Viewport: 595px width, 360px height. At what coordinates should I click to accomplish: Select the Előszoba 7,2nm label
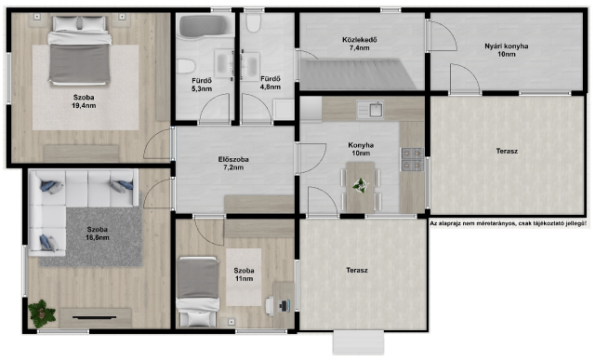tap(233, 164)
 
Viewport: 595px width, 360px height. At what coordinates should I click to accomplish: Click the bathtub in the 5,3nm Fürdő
tap(204, 26)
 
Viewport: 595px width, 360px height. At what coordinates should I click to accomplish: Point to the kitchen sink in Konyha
tap(370, 110)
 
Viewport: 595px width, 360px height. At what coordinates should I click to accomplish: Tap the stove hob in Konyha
tap(412, 159)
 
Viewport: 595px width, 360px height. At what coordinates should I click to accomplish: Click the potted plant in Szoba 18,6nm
tap(41, 313)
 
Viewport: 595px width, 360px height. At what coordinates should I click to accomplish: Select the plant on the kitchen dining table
tap(360, 186)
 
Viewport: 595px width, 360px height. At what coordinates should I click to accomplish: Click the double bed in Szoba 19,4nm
tap(80, 49)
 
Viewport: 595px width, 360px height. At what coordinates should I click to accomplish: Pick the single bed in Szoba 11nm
tap(198, 291)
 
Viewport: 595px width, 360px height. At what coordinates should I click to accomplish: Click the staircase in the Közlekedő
tap(357, 73)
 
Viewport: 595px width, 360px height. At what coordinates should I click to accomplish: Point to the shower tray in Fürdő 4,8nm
tap(284, 110)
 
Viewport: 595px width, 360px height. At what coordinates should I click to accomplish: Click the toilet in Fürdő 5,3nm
tap(186, 66)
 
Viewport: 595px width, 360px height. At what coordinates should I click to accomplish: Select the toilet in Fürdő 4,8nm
tap(253, 23)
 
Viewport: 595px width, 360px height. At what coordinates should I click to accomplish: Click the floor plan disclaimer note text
tap(509, 224)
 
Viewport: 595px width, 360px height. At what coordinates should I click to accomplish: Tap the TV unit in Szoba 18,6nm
tap(96, 318)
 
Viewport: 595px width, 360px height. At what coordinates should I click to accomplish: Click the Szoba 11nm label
tap(244, 274)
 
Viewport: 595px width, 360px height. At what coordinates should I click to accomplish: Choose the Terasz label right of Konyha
tap(507, 151)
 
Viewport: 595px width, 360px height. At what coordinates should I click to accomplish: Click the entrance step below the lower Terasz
tap(358, 342)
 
